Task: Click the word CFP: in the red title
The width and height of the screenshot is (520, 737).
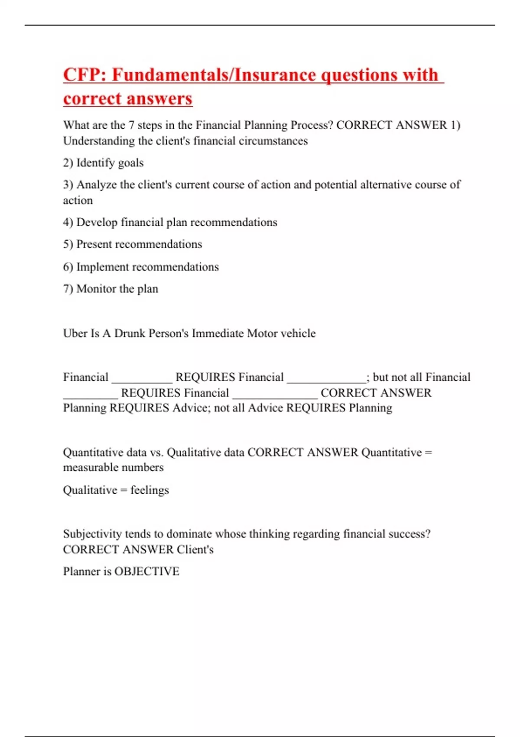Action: tap(85, 75)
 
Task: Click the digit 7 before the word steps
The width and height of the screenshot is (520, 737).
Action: tap(131, 125)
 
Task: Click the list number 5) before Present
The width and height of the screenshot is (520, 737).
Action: tap(68, 244)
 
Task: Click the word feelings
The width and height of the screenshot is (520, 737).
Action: tap(149, 490)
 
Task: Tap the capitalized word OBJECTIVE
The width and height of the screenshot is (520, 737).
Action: tap(147, 571)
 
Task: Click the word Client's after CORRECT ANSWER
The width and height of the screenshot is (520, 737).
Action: tap(195, 550)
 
